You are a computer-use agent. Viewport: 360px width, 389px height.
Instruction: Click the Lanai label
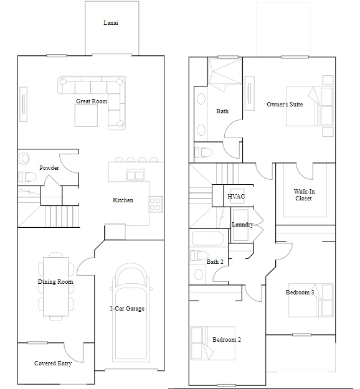point(111,23)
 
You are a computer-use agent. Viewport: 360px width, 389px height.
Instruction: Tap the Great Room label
point(92,101)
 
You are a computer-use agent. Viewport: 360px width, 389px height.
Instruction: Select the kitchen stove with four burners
point(156,204)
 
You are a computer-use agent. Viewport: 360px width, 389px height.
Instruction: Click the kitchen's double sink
point(135,175)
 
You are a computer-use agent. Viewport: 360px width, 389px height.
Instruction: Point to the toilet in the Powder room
point(27,177)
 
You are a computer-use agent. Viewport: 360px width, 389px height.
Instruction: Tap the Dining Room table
point(56,286)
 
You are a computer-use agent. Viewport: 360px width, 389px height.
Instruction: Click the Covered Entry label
point(53,363)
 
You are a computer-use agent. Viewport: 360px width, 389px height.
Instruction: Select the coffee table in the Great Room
point(86,115)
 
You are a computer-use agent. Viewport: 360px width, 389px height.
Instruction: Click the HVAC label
point(236,197)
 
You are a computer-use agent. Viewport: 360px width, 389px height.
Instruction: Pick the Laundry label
point(242,225)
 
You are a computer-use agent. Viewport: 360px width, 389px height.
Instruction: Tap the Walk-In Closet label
point(304,195)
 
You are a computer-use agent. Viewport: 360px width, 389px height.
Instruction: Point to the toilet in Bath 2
point(199,255)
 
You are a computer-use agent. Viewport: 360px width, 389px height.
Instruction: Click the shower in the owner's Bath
point(225,72)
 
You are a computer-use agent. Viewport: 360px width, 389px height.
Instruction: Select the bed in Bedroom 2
point(213,343)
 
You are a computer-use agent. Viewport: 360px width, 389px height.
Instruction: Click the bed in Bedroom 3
point(311,300)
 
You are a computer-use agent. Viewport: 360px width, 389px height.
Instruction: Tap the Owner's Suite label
point(285,105)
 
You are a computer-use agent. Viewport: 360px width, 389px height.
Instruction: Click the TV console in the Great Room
point(23,104)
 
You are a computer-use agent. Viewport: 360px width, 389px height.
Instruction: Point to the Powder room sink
point(24,159)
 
